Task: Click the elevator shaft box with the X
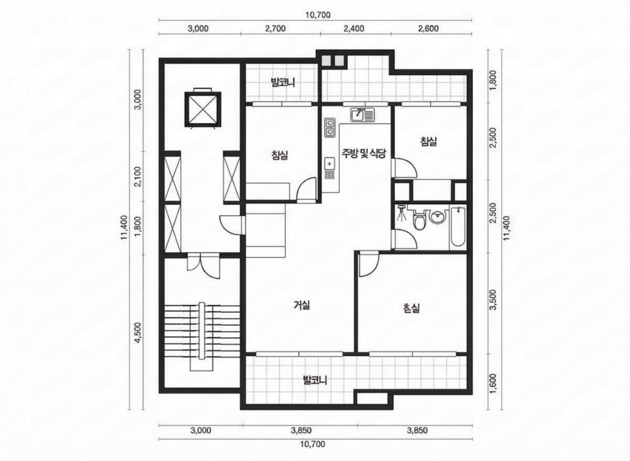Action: [x=203, y=109]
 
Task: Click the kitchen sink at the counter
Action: [x=362, y=115]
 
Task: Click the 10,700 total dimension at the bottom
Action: [x=313, y=444]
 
